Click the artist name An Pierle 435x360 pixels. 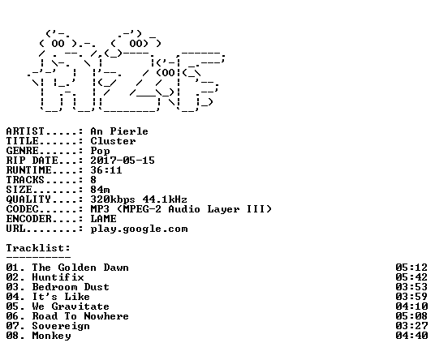click(x=119, y=131)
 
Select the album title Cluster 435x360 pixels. click(x=113, y=141)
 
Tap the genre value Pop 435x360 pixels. click(x=100, y=151)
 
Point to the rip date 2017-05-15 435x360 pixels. click(x=123, y=161)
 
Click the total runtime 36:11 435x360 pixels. click(x=106, y=170)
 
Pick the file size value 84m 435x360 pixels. click(x=100, y=190)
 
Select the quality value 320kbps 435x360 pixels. click(x=113, y=199)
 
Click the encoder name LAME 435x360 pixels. click(x=103, y=219)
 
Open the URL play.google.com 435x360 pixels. click(x=139, y=229)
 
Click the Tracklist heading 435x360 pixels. click(x=38, y=248)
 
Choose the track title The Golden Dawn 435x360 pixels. click(x=80, y=268)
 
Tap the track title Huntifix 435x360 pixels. click(x=58, y=277)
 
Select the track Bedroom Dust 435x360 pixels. click(x=71, y=287)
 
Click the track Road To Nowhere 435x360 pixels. click(x=80, y=316)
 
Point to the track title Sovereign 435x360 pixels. click(x=61, y=327)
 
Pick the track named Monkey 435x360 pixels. click(x=51, y=336)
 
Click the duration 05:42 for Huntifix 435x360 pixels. click(x=411, y=277)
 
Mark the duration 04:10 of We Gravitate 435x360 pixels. click(x=411, y=306)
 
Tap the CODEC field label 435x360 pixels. click(x=23, y=209)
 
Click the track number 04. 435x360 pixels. click(x=13, y=297)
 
